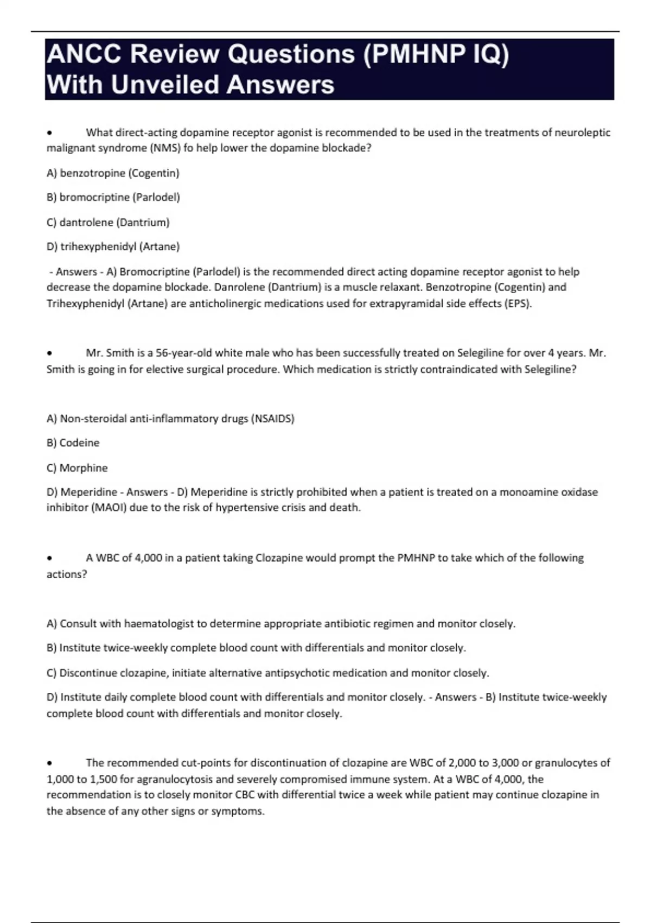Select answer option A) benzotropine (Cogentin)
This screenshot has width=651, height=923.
click(113, 173)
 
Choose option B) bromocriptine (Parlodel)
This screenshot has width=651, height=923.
click(113, 197)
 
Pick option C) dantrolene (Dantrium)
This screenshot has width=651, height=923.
click(108, 222)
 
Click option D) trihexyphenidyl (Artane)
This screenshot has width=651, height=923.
click(113, 246)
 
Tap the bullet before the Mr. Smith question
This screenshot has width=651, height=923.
click(49, 353)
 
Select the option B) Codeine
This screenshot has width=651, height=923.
click(73, 443)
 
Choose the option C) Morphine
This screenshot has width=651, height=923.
click(77, 468)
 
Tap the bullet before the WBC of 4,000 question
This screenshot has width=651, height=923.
click(49, 558)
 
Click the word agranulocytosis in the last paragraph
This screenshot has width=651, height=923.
click(174, 779)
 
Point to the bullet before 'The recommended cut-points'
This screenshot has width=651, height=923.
click(49, 763)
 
